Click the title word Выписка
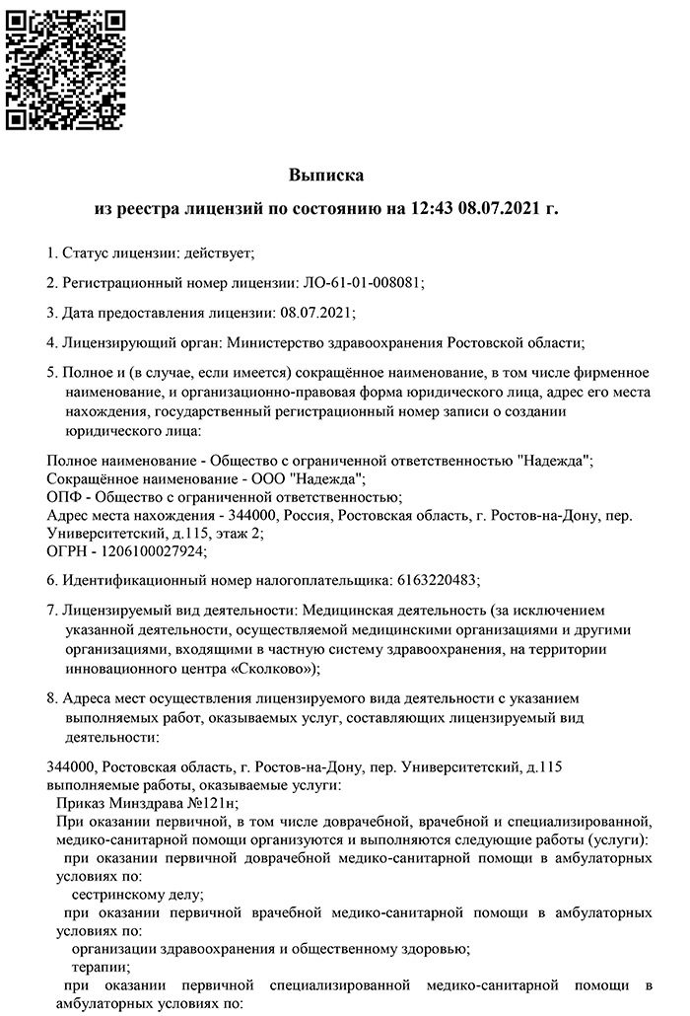point(326,176)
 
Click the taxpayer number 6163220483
point(437,579)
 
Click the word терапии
point(100,966)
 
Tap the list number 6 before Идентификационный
point(51,579)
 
